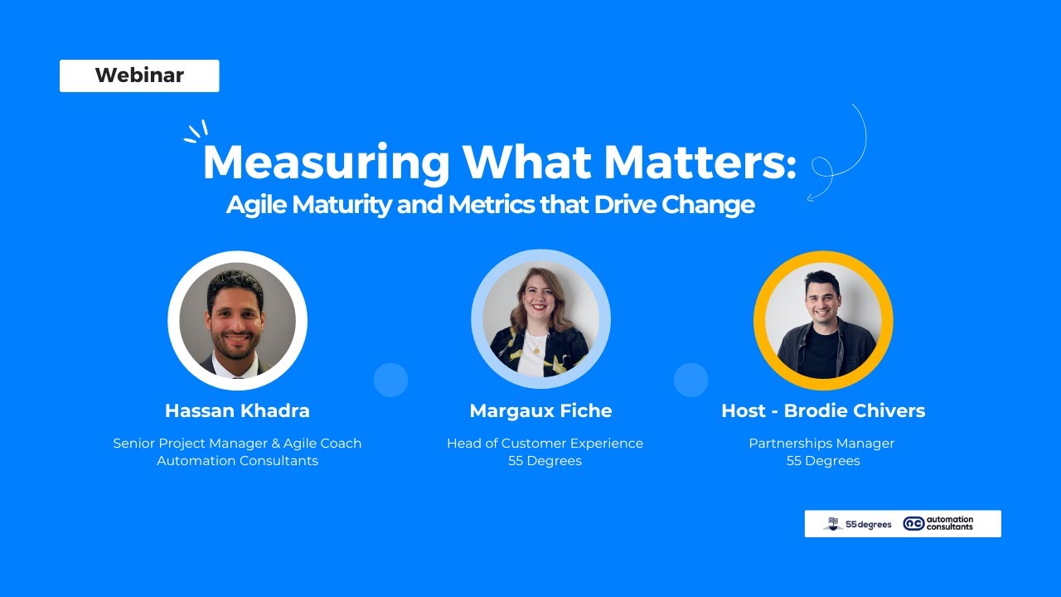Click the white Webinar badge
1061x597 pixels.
[x=139, y=75]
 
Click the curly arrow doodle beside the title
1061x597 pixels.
[x=837, y=158]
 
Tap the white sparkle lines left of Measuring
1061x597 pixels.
[x=196, y=132]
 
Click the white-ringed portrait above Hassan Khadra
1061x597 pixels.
[x=238, y=320]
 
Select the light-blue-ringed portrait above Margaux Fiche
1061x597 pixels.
[x=540, y=320]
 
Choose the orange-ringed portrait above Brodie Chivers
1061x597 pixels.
[x=823, y=320]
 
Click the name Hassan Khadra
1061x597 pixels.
[x=237, y=410]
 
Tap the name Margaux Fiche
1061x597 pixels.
[x=540, y=410]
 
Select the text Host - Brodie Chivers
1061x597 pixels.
[x=823, y=410]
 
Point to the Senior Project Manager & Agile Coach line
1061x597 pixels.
[x=237, y=444]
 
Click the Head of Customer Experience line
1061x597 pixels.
[x=545, y=444]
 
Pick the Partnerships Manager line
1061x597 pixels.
[x=821, y=444]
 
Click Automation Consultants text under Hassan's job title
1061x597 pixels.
[x=237, y=461]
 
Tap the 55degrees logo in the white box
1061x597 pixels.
[x=857, y=524]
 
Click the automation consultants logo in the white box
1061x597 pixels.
[x=938, y=523]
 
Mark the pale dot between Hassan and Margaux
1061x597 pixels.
[x=390, y=380]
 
